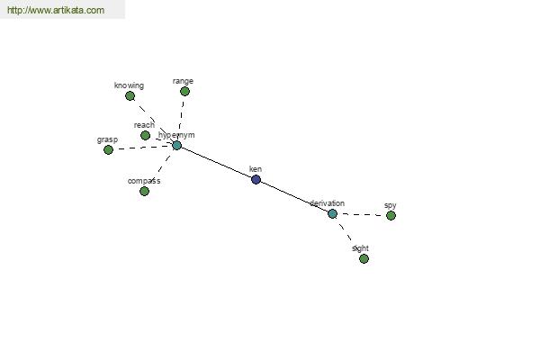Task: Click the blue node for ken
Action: click(256, 179)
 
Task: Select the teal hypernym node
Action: click(176, 146)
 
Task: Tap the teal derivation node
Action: click(332, 214)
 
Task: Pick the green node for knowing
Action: click(130, 95)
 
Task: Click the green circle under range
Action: click(184, 91)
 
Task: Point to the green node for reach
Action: click(145, 135)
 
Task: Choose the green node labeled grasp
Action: click(109, 150)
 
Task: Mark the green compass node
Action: click(145, 191)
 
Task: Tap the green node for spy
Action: click(391, 216)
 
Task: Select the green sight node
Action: click(364, 258)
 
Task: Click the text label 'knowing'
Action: click(129, 85)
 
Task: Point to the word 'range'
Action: click(183, 81)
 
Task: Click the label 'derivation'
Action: click(327, 203)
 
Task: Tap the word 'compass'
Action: click(144, 181)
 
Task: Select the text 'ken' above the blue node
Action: click(256, 169)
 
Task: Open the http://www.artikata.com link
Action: click(56, 10)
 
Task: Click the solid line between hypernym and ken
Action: click(216, 163)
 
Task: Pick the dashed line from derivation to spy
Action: click(362, 214)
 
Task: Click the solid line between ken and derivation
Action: click(294, 197)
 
